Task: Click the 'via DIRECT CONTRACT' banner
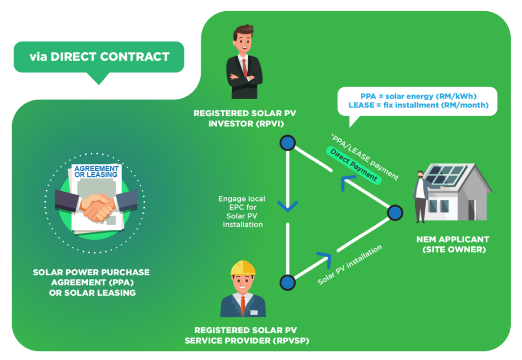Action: (x=99, y=57)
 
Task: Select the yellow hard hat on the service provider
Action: (x=243, y=268)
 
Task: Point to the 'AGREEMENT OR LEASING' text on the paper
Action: (x=96, y=171)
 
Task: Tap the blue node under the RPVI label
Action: (x=288, y=143)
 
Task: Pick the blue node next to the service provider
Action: (x=288, y=282)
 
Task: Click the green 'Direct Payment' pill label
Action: (x=354, y=165)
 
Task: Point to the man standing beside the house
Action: (x=421, y=196)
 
